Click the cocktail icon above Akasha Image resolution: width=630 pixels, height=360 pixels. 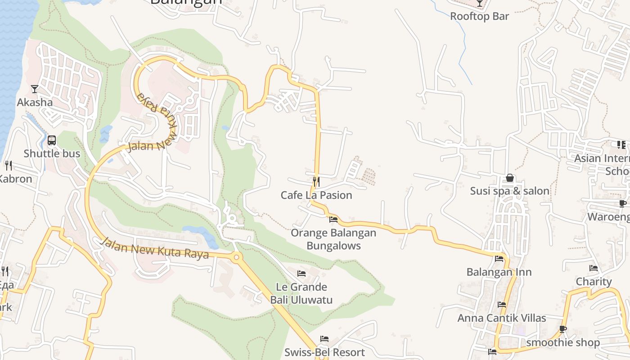point(35,89)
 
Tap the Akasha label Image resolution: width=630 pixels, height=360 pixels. point(35,102)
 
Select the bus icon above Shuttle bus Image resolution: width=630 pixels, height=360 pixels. point(52,140)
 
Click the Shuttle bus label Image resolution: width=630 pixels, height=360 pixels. point(52,153)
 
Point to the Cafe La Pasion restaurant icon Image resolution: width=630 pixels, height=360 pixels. point(316,181)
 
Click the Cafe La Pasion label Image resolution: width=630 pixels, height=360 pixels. point(316,195)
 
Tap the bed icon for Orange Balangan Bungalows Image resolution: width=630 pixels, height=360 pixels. point(333,220)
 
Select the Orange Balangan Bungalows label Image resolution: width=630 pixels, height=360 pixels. point(333,239)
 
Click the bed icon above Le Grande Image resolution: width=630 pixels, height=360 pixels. point(301,273)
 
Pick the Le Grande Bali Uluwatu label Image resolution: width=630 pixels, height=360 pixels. point(301,293)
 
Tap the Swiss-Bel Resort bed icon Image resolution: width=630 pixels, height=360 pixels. point(324,339)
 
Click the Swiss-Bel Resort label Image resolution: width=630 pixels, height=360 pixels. point(324,352)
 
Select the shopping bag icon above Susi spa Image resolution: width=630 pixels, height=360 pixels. point(510,178)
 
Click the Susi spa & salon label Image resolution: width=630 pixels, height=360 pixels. point(510,191)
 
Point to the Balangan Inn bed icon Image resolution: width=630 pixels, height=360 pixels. point(499,259)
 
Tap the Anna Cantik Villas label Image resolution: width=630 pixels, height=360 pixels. point(502,318)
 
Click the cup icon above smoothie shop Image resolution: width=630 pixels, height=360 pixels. point(563,329)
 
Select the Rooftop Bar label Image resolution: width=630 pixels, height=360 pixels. point(480,17)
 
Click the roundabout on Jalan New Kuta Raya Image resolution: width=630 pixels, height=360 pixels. point(237,258)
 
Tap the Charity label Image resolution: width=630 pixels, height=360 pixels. point(594,282)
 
